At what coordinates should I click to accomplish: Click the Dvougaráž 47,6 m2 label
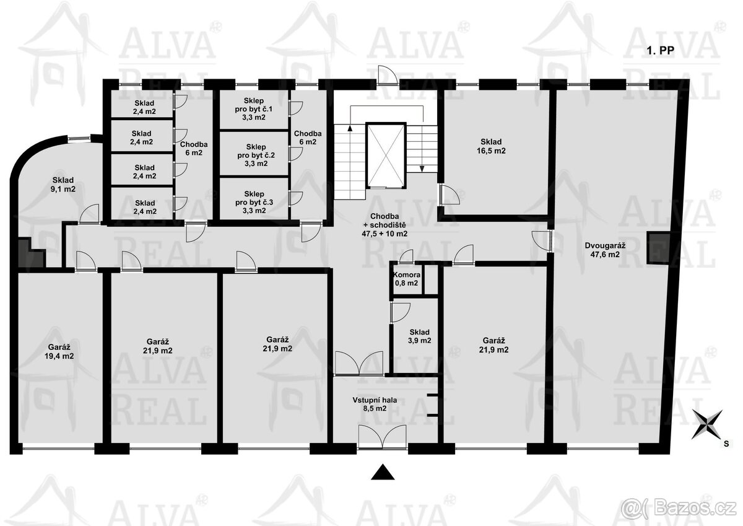click(605, 250)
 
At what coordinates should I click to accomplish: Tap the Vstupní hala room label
click(375, 404)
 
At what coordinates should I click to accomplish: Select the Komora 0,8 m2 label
click(407, 279)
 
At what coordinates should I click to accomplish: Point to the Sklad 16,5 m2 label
click(491, 146)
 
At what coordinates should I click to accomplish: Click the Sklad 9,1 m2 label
click(63, 185)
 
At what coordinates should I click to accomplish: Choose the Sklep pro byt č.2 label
click(256, 155)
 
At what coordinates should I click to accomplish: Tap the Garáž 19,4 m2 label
click(59, 351)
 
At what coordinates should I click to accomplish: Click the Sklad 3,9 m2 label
click(420, 336)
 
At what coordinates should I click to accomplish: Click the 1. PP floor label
click(661, 50)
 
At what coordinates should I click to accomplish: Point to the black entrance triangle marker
click(383, 472)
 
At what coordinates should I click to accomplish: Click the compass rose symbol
click(707, 424)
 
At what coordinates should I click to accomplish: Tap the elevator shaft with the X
click(386, 156)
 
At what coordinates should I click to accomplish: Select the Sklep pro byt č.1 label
click(254, 109)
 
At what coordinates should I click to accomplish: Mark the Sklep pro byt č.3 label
click(254, 202)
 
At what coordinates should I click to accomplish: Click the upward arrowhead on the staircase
click(350, 128)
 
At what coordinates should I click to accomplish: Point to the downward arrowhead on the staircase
click(422, 169)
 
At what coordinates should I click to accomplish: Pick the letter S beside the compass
click(726, 444)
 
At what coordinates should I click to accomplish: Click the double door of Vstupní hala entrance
click(383, 436)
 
